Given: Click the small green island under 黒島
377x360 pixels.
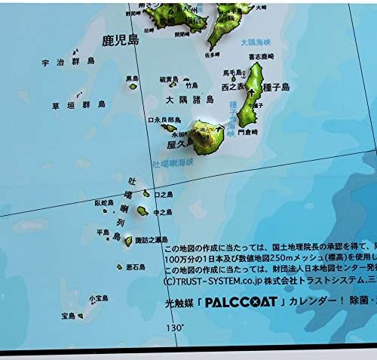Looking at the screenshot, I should (133, 86).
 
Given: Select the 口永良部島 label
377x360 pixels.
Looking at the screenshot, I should (165, 120).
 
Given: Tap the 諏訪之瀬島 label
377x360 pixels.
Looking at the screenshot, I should (151, 240).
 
